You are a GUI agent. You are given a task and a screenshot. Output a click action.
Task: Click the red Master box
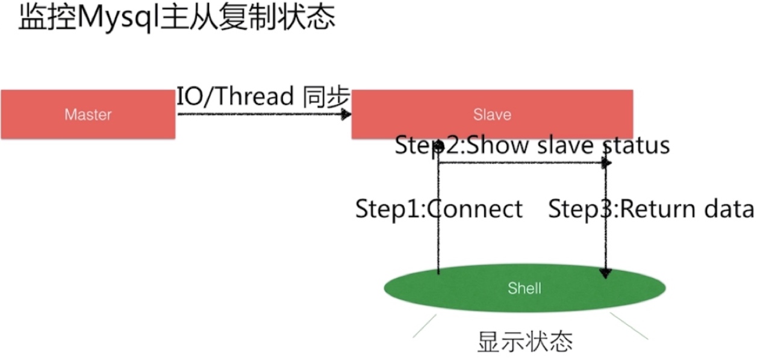click(x=88, y=114)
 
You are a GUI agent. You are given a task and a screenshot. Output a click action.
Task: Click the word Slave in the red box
click(x=492, y=114)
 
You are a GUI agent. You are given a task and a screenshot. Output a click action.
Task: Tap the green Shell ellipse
click(x=525, y=288)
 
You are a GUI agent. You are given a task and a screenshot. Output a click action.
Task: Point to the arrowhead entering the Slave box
click(x=346, y=114)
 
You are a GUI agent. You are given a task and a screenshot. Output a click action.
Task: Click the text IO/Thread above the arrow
click(x=235, y=96)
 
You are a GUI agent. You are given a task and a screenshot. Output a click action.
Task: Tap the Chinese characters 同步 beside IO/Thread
click(x=326, y=96)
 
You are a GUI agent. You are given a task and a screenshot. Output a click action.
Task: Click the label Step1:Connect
click(x=439, y=209)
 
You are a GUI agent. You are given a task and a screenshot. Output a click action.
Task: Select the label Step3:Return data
click(x=651, y=209)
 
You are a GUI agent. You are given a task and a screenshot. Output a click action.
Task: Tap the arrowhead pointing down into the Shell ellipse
click(x=606, y=273)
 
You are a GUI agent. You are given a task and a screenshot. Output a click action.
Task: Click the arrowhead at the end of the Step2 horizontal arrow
click(x=606, y=163)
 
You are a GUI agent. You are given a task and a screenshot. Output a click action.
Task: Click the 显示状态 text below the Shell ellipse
click(x=525, y=342)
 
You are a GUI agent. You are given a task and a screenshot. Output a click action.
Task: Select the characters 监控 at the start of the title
click(x=47, y=18)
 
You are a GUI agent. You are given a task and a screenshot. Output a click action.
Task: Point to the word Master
click(x=88, y=114)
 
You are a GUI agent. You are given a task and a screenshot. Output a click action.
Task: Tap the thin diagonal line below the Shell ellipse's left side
click(x=425, y=326)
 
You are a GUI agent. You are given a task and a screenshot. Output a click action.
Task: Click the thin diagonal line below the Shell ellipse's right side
click(x=629, y=326)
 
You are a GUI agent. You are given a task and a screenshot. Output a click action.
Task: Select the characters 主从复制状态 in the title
click(x=247, y=18)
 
